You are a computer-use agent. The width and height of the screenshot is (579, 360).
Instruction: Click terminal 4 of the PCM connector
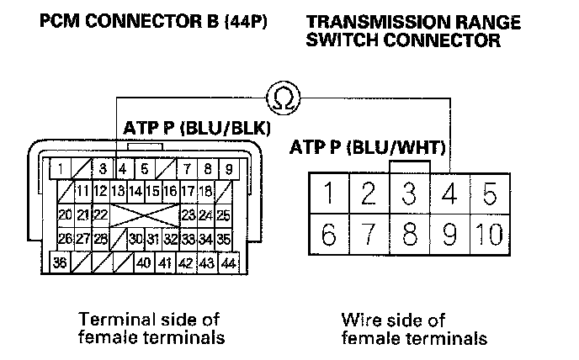tap(123, 169)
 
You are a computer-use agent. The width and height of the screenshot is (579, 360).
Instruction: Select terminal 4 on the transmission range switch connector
tap(449, 194)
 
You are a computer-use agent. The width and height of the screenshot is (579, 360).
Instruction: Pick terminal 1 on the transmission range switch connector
tap(327, 194)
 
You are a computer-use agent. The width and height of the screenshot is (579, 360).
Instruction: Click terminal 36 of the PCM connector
tap(61, 262)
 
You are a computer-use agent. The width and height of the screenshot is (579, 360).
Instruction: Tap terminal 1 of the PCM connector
tap(62, 169)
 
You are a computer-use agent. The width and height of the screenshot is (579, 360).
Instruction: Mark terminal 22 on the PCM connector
tap(100, 214)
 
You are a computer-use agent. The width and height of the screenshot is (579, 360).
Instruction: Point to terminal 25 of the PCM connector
tap(223, 214)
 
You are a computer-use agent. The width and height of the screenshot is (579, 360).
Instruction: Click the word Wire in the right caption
tap(358, 320)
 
